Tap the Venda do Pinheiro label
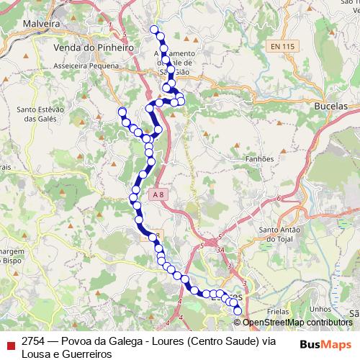coord(94,47)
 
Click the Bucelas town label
coord(331,105)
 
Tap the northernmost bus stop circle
coord(153,30)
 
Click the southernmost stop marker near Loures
coord(239,310)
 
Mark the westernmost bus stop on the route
coord(122,111)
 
